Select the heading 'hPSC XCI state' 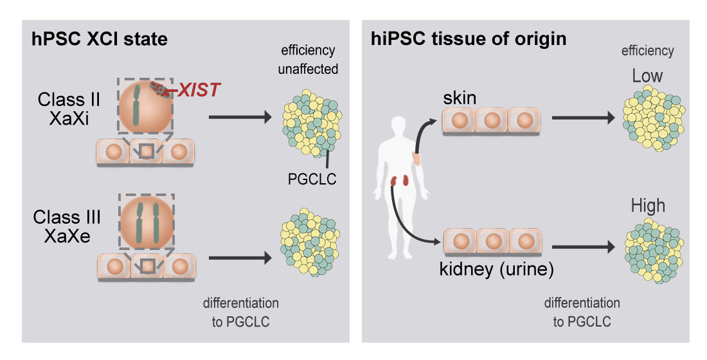[x=100, y=39]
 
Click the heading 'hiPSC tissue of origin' [x=469, y=39]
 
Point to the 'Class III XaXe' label [x=66, y=226]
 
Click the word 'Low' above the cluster [x=647, y=76]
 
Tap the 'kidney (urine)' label [x=496, y=269]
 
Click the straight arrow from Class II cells [x=237, y=118]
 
